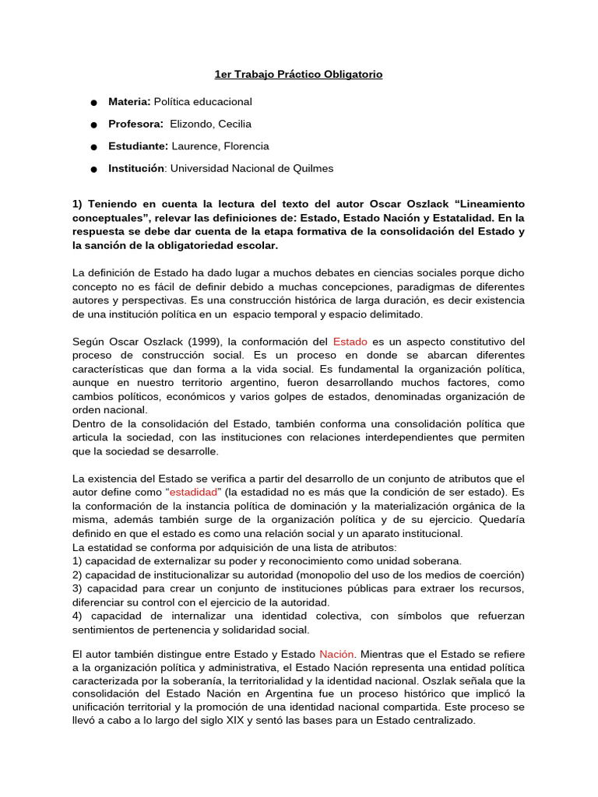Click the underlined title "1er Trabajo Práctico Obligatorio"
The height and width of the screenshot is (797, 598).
pos(298,75)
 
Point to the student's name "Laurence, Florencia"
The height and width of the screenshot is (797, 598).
pos(220,146)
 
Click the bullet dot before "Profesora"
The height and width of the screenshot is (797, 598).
pos(93,125)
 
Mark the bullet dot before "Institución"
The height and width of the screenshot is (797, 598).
pos(93,169)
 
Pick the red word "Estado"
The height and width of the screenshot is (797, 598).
pos(350,342)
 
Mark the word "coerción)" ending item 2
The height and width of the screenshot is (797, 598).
pos(501,574)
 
